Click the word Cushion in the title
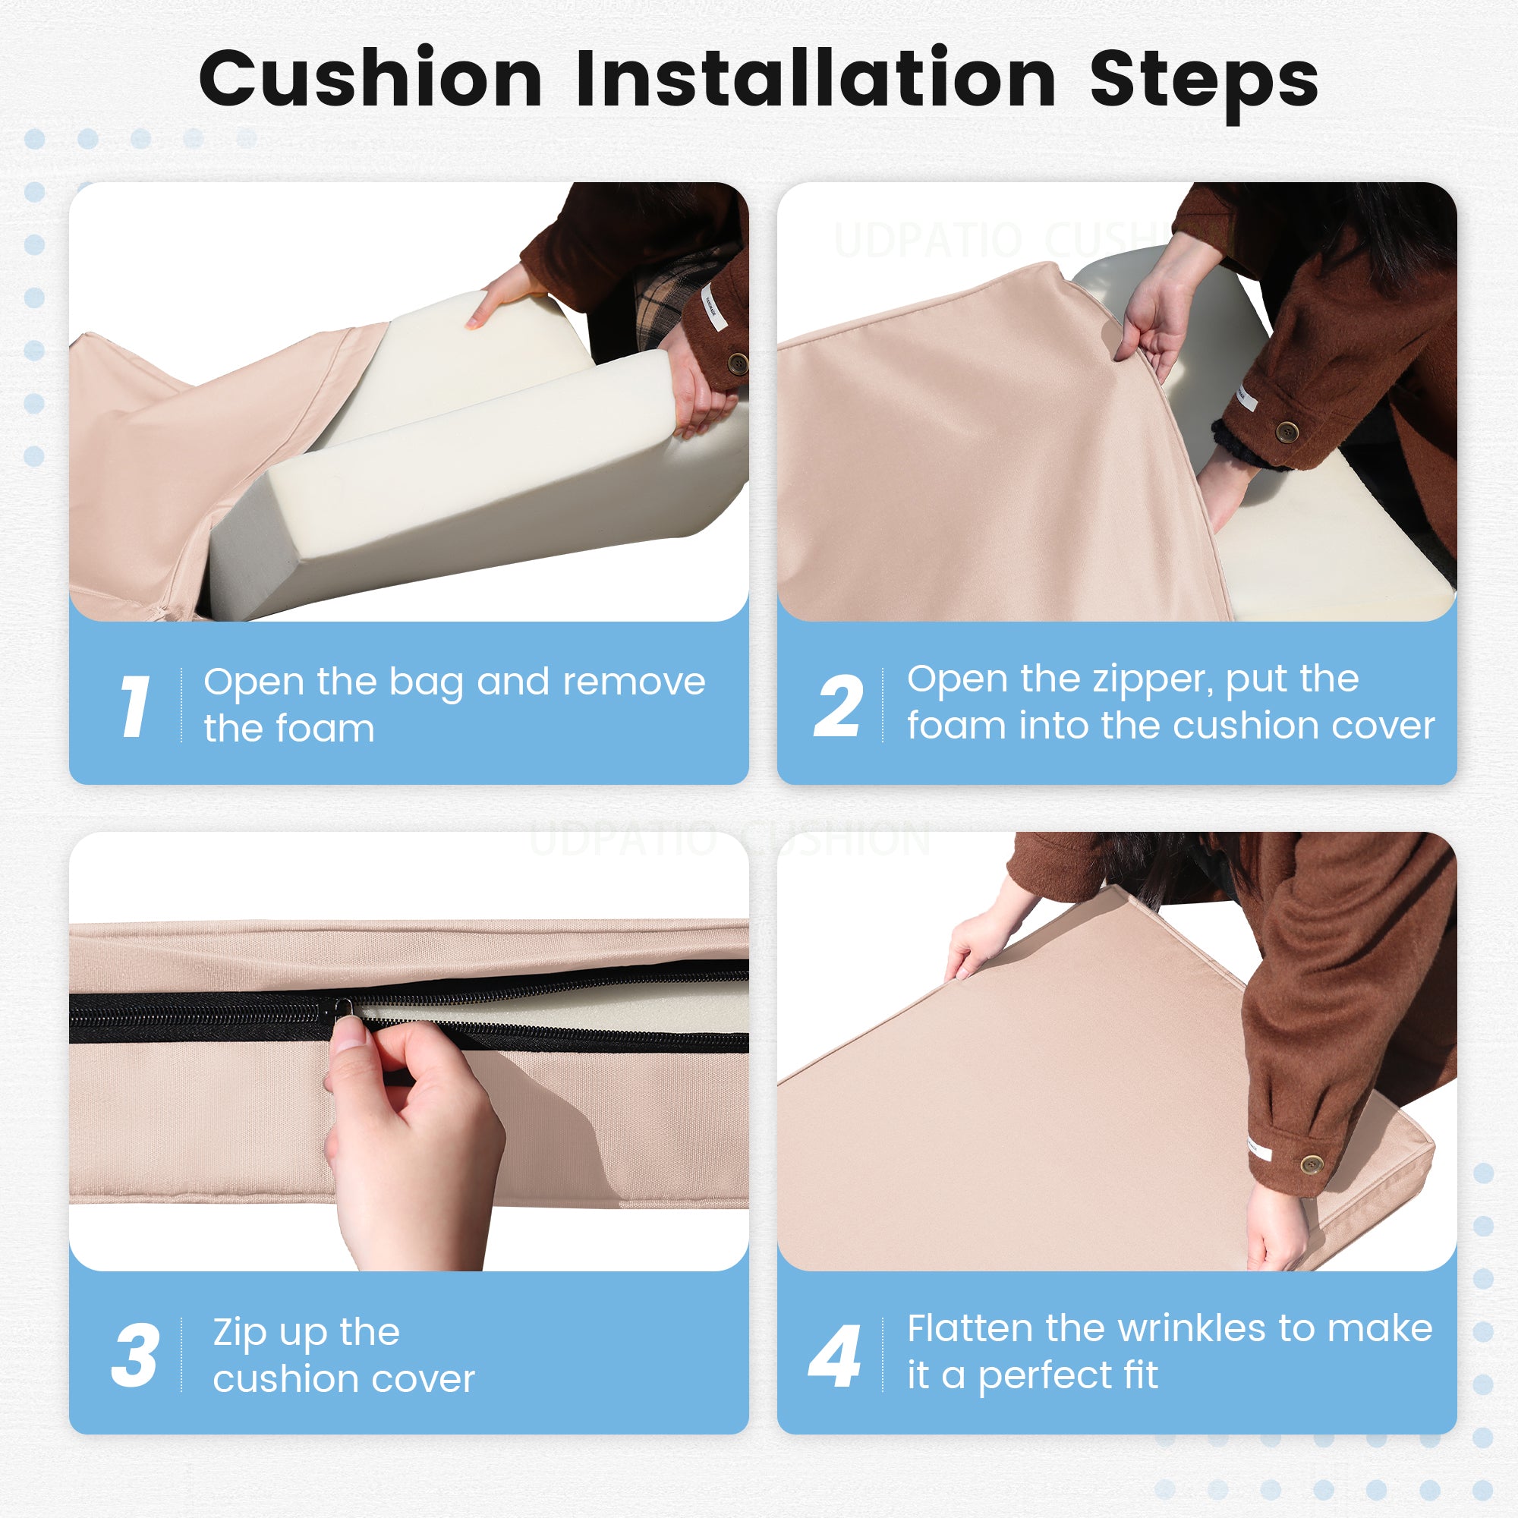371,77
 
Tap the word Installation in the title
817,77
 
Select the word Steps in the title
1205,83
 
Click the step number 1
135,706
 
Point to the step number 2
839,706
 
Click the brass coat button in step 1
738,363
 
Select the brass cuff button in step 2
1287,430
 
